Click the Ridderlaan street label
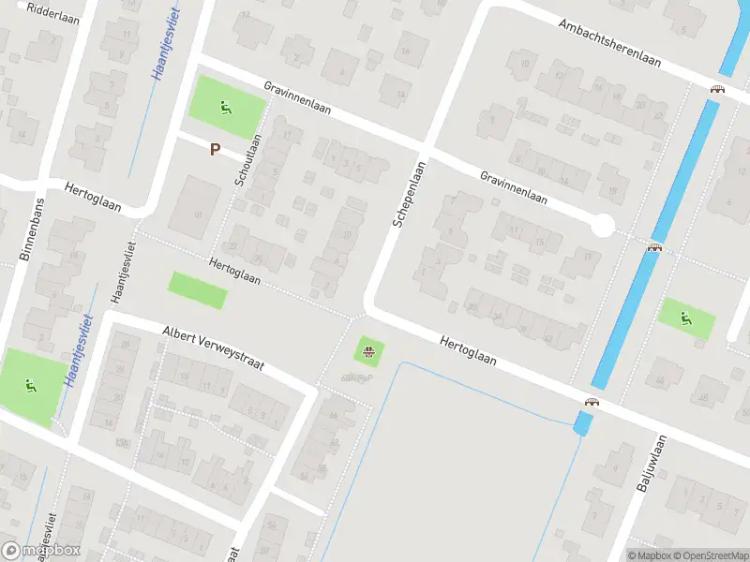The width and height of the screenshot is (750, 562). [53, 12]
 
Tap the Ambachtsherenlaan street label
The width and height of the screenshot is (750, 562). [609, 42]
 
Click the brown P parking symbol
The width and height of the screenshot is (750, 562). [215, 149]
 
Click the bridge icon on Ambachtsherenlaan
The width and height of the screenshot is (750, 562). [718, 89]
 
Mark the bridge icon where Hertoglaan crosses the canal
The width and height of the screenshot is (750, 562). [592, 402]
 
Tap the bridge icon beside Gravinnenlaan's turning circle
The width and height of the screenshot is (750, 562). [654, 247]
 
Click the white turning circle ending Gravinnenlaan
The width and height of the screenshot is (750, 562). [602, 226]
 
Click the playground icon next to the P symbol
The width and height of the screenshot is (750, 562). [226, 108]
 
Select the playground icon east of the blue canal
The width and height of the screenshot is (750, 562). [687, 318]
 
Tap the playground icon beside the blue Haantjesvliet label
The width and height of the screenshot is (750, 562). [30, 383]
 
